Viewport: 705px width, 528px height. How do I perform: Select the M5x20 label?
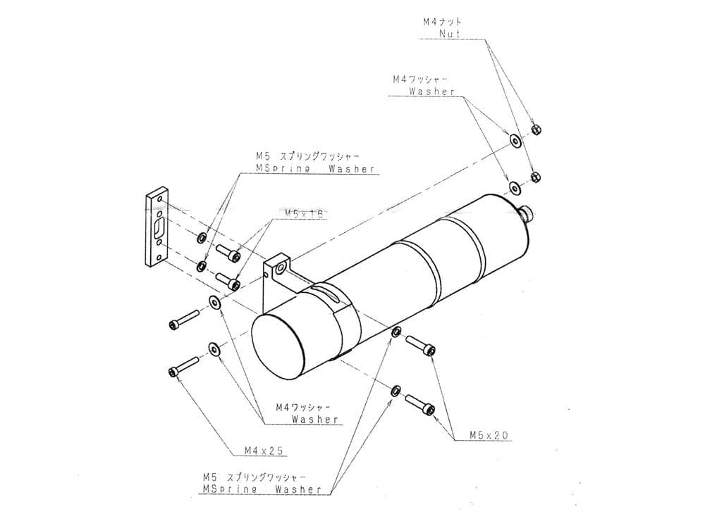[x=489, y=436]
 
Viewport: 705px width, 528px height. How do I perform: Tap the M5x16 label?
[x=304, y=213]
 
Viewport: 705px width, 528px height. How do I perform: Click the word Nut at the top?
[x=448, y=33]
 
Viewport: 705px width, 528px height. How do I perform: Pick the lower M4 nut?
[x=534, y=175]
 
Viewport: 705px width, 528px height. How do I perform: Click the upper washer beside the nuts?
[x=515, y=141]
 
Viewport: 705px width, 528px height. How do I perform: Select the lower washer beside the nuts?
[x=514, y=187]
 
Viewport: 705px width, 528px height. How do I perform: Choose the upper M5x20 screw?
[x=420, y=345]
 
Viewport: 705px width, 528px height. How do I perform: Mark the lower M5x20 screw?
[x=420, y=404]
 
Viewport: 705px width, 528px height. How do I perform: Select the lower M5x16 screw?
[x=227, y=281]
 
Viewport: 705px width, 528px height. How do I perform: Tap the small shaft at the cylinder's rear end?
[x=527, y=212]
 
